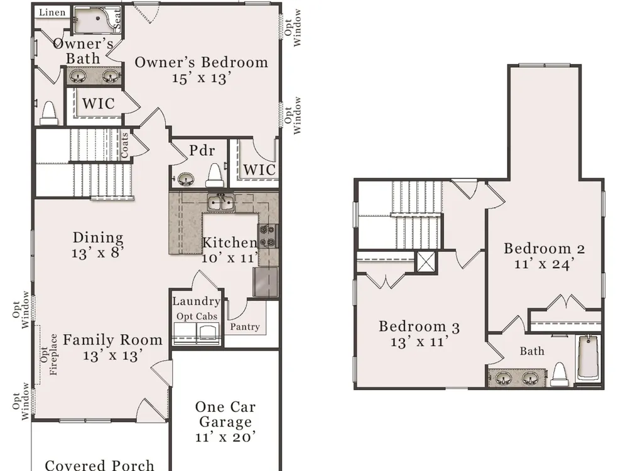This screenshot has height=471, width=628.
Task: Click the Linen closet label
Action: pyautogui.click(x=52, y=12)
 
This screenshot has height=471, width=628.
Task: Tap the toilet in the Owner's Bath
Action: pyautogui.click(x=49, y=113)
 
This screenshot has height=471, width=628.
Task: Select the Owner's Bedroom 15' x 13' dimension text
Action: pyautogui.click(x=202, y=78)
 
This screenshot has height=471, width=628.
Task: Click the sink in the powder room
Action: pyautogui.click(x=185, y=179)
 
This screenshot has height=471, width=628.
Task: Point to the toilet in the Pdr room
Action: pyautogui.click(x=214, y=175)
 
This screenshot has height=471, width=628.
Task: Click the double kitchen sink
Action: pyautogui.click(x=220, y=202)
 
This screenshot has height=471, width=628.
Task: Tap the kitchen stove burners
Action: pyautogui.click(x=268, y=236)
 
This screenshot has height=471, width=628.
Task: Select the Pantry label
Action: pyautogui.click(x=245, y=327)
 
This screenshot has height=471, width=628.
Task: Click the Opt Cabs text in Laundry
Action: pyautogui.click(x=197, y=317)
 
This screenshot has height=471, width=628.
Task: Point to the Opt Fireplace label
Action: pyautogui.click(x=49, y=354)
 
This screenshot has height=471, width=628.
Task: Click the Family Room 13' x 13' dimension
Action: pyautogui.click(x=112, y=355)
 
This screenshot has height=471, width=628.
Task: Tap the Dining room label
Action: pyautogui.click(x=98, y=237)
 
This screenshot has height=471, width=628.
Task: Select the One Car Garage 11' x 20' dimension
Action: pyautogui.click(x=225, y=436)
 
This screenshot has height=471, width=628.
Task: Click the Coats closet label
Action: pyautogui.click(x=124, y=144)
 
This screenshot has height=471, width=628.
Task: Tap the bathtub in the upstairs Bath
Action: pyautogui.click(x=588, y=358)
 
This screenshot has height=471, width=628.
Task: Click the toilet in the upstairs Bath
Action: pyautogui.click(x=560, y=374)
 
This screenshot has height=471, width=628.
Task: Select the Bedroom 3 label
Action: pyautogui.click(x=420, y=327)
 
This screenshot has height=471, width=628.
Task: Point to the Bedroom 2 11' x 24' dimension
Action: pyautogui.click(x=544, y=264)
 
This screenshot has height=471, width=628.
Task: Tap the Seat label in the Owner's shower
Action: pyautogui.click(x=117, y=19)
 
